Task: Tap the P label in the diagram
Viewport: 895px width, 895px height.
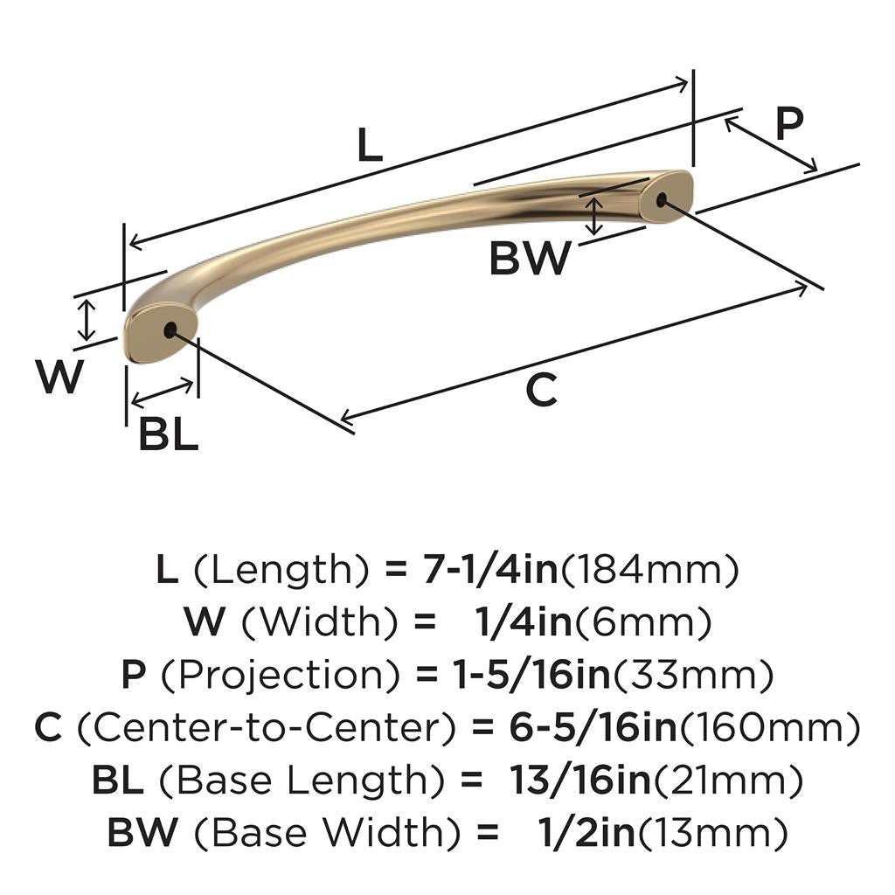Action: [x=788, y=124]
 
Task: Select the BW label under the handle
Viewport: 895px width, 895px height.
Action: [x=530, y=259]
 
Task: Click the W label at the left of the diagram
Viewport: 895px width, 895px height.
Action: [x=59, y=377]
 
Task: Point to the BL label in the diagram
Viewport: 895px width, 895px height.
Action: [x=168, y=434]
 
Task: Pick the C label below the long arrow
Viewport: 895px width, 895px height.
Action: [x=541, y=390]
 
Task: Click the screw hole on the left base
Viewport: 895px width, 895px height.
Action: [x=169, y=330]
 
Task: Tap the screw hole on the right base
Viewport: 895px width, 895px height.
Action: [x=661, y=199]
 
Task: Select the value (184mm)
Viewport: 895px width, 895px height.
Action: [x=649, y=571]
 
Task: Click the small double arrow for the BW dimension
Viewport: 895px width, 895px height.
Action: [x=594, y=216]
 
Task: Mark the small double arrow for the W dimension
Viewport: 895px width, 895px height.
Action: [x=86, y=320]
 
